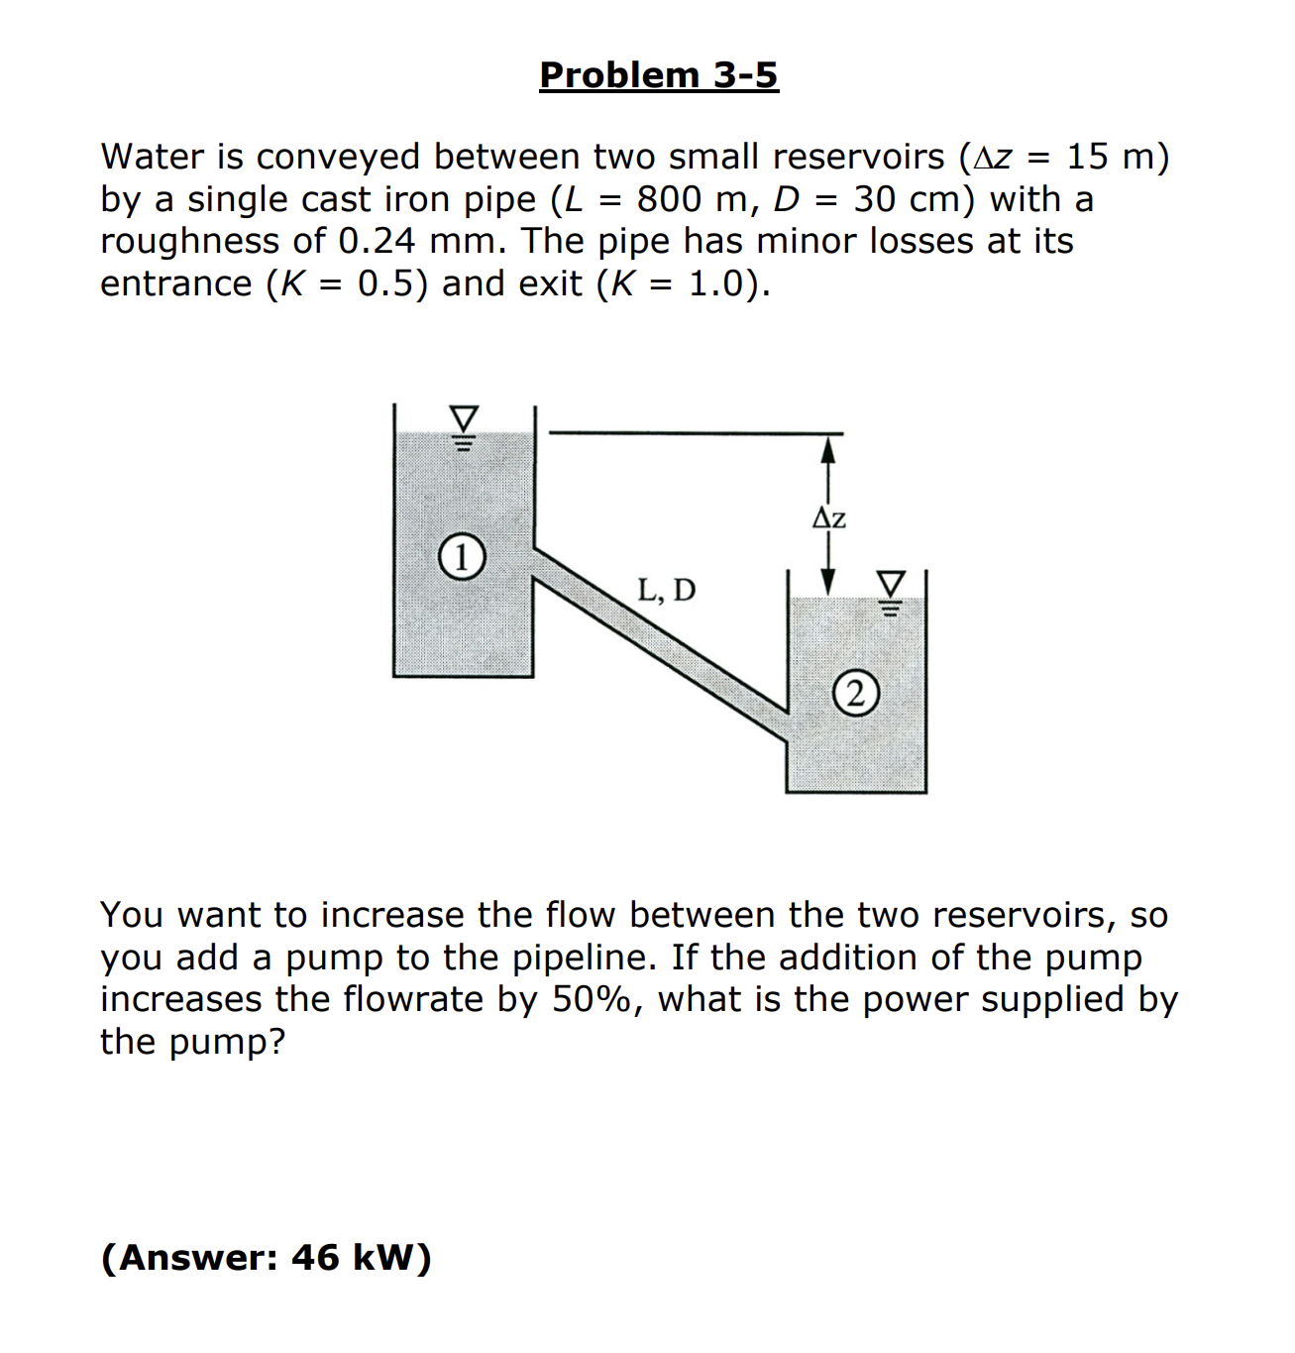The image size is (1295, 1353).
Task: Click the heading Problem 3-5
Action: [x=659, y=75]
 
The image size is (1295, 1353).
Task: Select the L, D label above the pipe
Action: [x=666, y=591]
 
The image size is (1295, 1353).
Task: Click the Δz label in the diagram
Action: [x=829, y=518]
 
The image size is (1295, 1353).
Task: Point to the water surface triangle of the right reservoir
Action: [x=892, y=582]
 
